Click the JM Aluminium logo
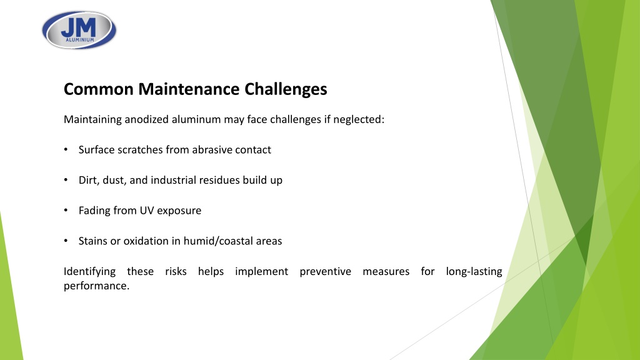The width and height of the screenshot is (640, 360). (79, 30)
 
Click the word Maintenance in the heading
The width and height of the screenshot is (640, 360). (189, 89)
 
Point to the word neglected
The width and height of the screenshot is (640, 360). (358, 119)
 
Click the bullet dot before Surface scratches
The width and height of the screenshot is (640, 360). (66, 149)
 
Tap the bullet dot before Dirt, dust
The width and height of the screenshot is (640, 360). (66, 179)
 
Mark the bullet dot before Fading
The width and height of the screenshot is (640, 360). (66, 210)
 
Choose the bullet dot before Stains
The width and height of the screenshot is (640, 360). (66, 241)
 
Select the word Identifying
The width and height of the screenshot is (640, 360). (89, 272)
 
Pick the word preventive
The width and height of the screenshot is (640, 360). (325, 272)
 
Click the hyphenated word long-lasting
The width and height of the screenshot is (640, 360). (474, 272)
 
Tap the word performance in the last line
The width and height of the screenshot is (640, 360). (96, 286)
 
